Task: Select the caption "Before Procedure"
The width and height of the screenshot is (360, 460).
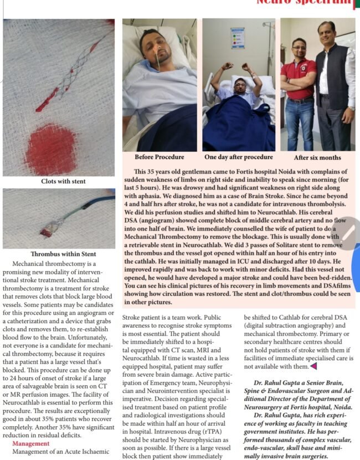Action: point(159,157)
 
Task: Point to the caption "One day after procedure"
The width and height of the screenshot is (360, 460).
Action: point(238,157)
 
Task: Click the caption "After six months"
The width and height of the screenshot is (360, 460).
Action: point(317,157)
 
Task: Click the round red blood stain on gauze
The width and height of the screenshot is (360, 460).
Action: point(51,149)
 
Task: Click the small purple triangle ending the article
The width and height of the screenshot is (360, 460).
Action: point(313,366)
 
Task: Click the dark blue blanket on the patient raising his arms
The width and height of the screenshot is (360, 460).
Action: point(238,125)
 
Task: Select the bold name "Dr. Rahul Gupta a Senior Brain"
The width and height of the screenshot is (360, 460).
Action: point(300,383)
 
